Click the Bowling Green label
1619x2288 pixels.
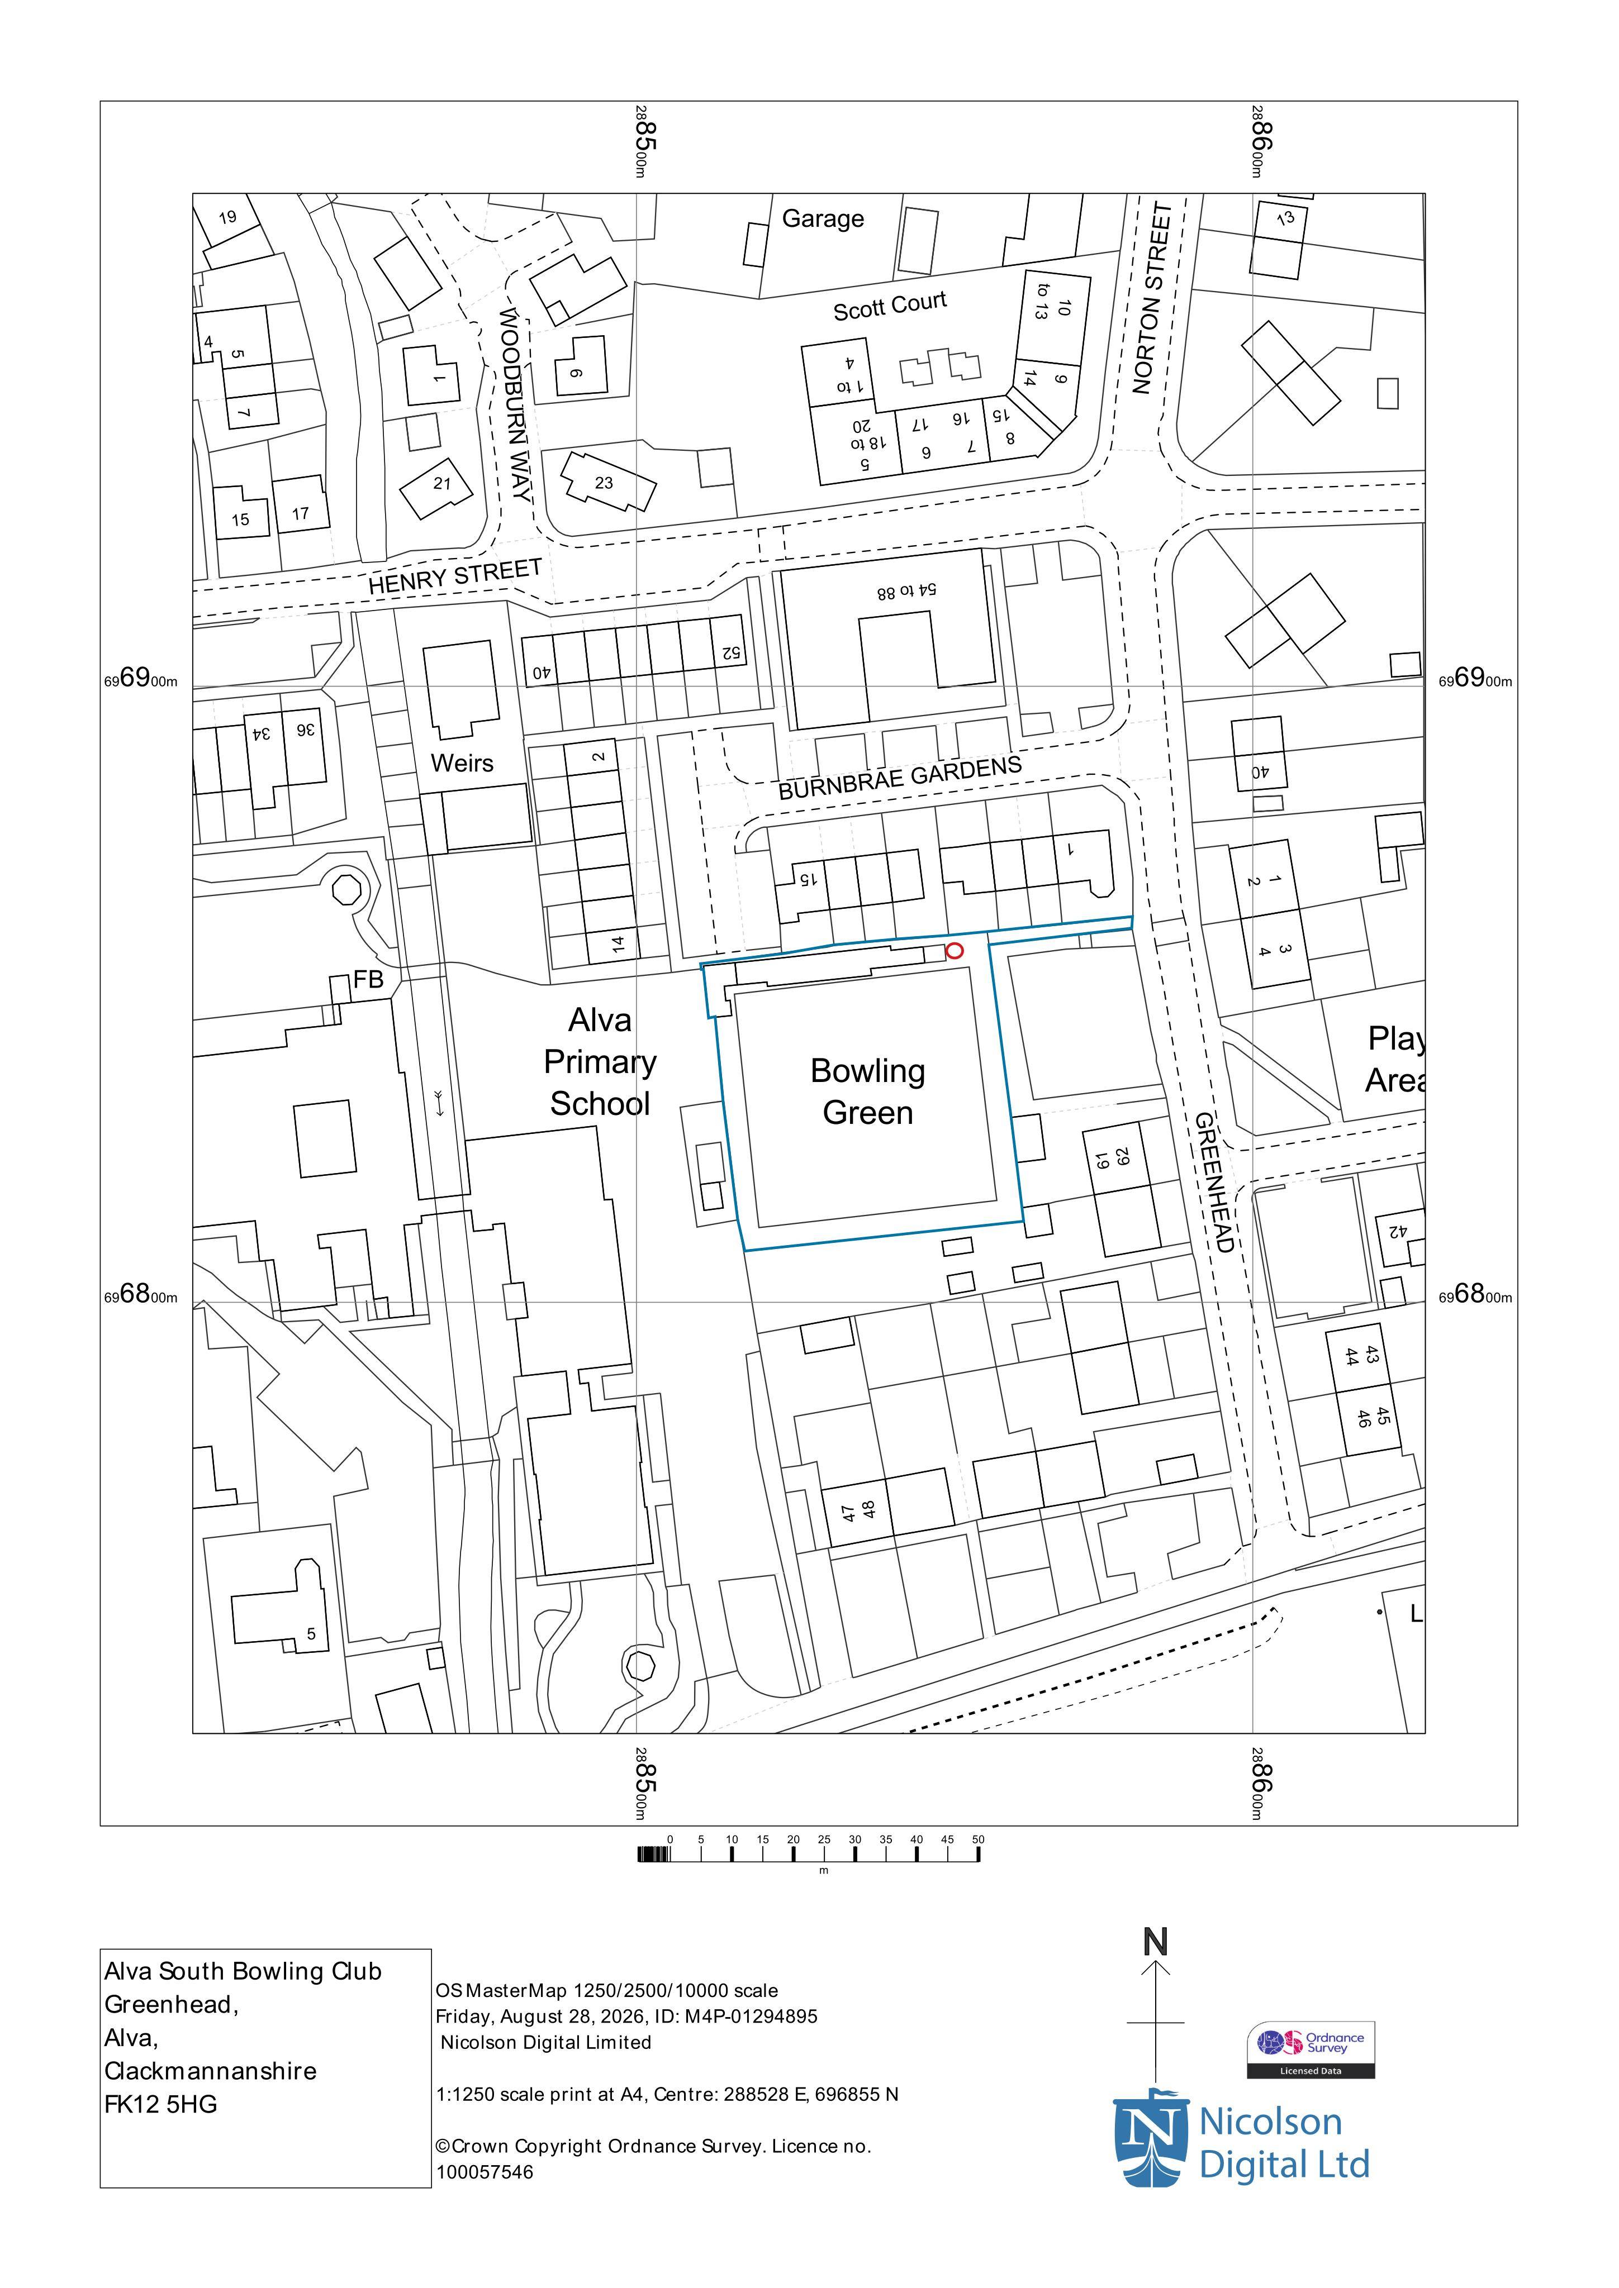click(867, 1091)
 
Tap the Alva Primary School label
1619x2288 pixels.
click(600, 1062)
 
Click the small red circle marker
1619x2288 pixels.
click(954, 951)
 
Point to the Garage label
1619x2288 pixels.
click(823, 218)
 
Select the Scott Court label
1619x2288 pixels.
click(889, 306)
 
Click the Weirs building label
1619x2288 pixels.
click(462, 764)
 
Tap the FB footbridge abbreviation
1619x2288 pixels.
click(368, 980)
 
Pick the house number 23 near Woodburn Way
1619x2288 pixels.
click(604, 483)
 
